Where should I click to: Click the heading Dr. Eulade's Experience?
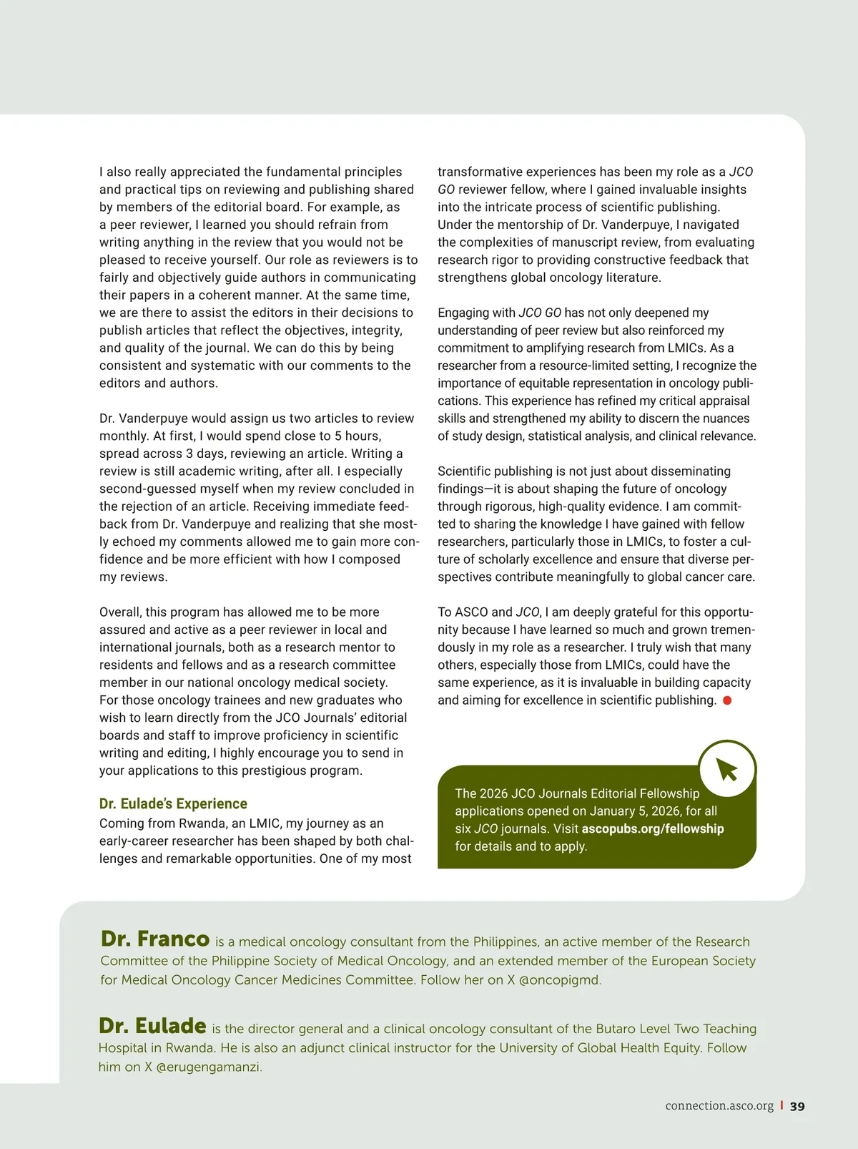(173, 803)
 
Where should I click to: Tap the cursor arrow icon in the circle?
(726, 770)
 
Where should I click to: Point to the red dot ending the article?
(727, 700)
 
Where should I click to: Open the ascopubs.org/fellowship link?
(653, 828)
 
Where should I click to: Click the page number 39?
(797, 1106)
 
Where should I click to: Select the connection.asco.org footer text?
(719, 1106)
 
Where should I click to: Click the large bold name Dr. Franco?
(155, 939)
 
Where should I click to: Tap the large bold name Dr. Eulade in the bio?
(152, 1026)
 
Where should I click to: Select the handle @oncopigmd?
(559, 980)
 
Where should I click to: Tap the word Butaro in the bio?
(596, 1029)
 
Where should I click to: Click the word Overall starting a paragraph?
(119, 612)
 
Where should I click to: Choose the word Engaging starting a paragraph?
(465, 313)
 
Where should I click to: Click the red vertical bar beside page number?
(781, 1105)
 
